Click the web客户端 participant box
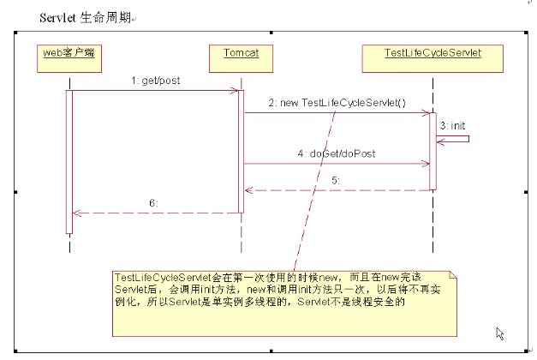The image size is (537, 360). [69, 58]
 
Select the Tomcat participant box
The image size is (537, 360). [242, 58]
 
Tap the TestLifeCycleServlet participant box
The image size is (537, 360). [433, 58]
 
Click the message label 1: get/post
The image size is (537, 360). [156, 81]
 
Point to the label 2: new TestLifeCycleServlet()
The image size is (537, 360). [337, 103]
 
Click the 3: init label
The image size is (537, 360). [452, 126]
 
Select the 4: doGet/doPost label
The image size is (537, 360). [337, 153]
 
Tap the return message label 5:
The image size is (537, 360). [336, 180]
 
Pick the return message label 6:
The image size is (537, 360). [153, 203]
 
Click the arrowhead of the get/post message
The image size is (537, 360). [235, 91]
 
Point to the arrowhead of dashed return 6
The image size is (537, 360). [77, 213]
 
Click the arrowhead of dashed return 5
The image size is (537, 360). [248, 190]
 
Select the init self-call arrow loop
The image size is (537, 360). [468, 139]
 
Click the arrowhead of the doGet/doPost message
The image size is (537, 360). [426, 164]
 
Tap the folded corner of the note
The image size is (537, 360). [453, 274]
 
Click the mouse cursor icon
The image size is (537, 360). [500, 333]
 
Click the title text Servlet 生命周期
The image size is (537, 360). [86, 17]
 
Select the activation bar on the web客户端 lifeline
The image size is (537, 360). [69, 162]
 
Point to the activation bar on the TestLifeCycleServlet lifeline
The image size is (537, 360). [433, 151]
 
